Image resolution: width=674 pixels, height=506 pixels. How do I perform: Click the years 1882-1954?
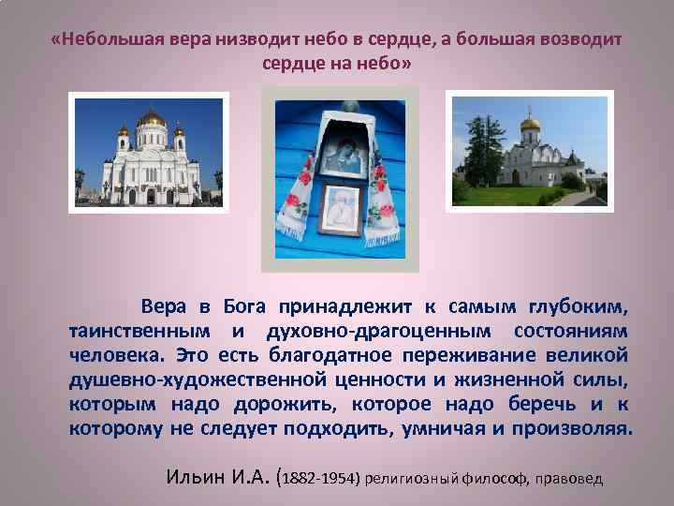click(x=323, y=477)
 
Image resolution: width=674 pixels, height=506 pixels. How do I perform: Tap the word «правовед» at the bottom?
click(x=570, y=478)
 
